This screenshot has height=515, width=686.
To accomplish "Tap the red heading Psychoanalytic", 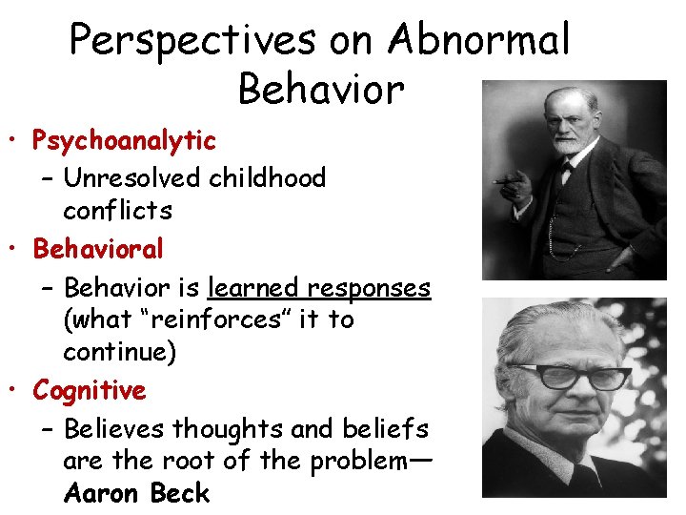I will (125, 141).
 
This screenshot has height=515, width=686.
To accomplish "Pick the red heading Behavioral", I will (98, 249).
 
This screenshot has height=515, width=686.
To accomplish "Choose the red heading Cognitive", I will (90, 390).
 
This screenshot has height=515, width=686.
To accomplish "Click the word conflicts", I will (117, 210).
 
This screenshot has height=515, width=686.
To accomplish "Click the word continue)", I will (119, 353).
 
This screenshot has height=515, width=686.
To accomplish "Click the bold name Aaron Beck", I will (136, 494).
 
